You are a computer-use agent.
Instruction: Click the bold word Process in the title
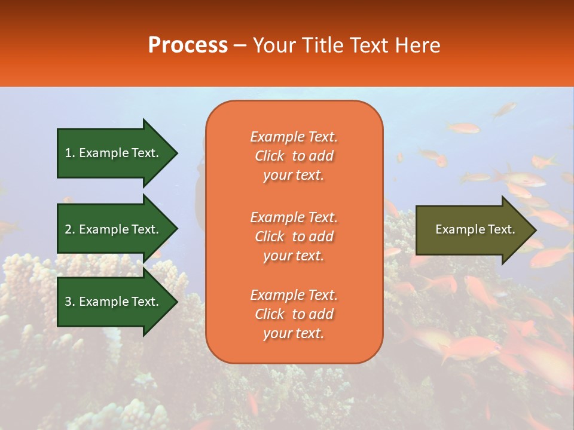(188, 45)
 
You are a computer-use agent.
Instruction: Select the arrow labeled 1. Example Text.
(114, 153)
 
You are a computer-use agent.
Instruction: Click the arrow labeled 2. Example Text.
(114, 229)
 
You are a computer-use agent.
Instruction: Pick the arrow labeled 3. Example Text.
(114, 302)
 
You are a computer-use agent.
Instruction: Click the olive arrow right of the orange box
(472, 230)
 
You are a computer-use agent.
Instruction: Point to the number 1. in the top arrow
(70, 153)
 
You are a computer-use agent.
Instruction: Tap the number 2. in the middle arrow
(70, 229)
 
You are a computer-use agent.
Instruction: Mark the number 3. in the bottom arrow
(70, 302)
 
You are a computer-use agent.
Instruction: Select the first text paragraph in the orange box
(294, 156)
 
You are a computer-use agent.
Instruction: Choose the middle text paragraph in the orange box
(294, 236)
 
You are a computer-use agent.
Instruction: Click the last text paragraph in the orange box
(294, 314)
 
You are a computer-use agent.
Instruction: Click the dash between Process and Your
(240, 46)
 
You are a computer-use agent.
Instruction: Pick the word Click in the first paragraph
(270, 156)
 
